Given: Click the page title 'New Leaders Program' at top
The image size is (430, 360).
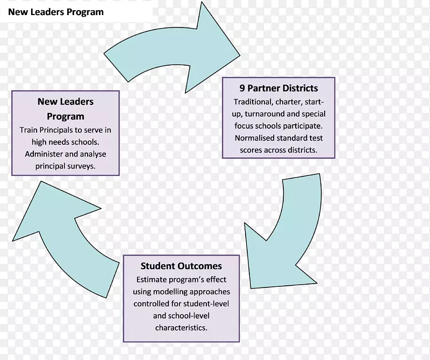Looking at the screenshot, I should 56,11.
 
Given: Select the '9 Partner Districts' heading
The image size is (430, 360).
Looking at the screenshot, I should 278,88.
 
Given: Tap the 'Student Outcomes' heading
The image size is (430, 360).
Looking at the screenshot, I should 181,266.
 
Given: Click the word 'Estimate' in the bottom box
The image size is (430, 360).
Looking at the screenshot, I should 152,279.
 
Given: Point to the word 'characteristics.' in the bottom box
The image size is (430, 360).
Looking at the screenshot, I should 181,327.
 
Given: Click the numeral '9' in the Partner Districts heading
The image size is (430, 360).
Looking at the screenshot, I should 242,88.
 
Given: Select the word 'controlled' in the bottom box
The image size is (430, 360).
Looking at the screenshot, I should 151,303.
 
